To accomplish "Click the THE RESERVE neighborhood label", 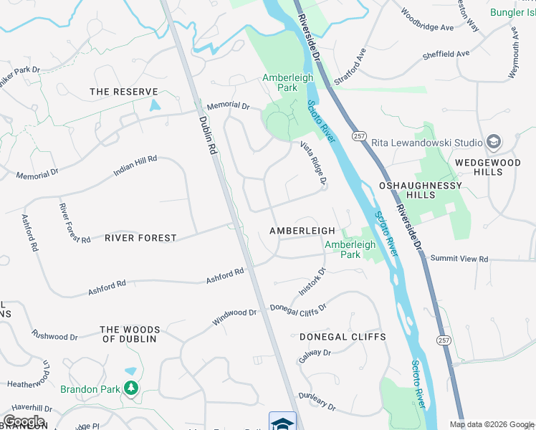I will tap(123, 92).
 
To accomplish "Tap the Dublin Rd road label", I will tap(208, 136).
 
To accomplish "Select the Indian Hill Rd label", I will tap(135, 167).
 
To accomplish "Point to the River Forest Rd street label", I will tap(75, 223).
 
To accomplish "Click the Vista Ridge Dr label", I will tap(313, 165).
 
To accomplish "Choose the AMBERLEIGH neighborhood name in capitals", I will tap(302, 231).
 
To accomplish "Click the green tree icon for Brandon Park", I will tap(130, 388).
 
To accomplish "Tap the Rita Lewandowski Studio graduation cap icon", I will tap(493, 141).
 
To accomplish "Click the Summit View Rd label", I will tap(459, 259).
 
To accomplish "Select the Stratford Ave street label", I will tap(355, 65).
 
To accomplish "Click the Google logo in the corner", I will tap(23, 421).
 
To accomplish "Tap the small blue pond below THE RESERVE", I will tap(155, 105).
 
